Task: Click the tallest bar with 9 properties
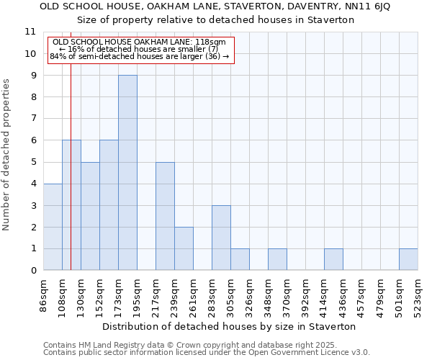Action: (127, 173)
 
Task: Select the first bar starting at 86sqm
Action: (53, 227)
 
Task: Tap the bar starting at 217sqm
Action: (165, 216)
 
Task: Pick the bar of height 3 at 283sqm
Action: (221, 238)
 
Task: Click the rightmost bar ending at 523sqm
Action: (408, 259)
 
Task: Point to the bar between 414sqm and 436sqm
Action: (333, 259)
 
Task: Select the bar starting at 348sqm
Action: (277, 259)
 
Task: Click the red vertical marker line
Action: (71, 180)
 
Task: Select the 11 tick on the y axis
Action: (30, 32)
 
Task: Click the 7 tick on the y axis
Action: (33, 119)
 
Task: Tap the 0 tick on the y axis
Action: (33, 271)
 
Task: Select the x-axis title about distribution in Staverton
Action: (229, 326)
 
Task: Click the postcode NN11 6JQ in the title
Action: (364, 6)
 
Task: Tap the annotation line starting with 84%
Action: (139, 56)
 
